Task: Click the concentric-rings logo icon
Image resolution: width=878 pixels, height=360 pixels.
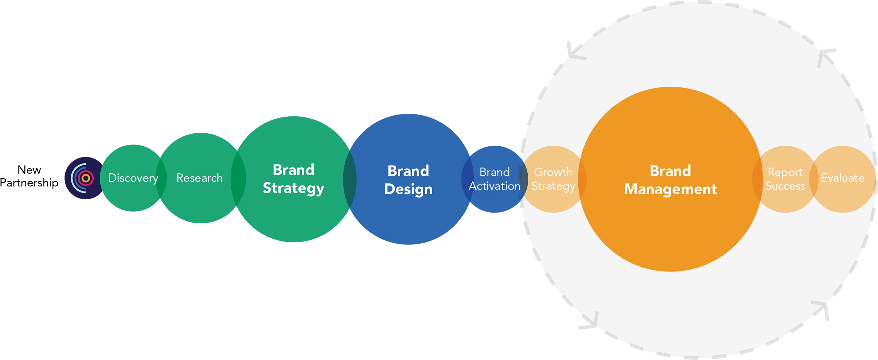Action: [x=83, y=178]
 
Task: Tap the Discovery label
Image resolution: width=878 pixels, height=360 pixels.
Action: [x=133, y=178]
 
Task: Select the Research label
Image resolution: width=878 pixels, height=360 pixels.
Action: [x=199, y=178]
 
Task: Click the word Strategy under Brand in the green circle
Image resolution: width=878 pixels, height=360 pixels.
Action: [x=293, y=189]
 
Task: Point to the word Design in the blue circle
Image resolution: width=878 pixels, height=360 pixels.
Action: [x=408, y=189]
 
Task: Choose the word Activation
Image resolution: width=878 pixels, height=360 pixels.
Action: [x=494, y=186]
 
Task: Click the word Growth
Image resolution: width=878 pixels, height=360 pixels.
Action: [x=553, y=172]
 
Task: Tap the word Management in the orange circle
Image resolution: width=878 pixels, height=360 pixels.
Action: [x=670, y=189]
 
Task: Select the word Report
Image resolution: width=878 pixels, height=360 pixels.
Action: [x=785, y=172]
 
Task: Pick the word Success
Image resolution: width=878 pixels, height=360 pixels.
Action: [x=785, y=186]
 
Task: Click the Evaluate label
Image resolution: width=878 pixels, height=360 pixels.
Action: [x=842, y=178]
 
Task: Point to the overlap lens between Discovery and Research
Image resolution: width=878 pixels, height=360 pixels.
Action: [x=161, y=178]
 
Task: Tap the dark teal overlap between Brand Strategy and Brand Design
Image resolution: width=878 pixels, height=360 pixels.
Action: [x=350, y=179]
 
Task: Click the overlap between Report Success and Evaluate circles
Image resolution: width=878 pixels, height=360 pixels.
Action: [x=814, y=179]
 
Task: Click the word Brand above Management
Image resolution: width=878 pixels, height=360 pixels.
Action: [x=670, y=171]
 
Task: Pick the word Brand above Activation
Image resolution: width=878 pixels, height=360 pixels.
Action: [x=494, y=172]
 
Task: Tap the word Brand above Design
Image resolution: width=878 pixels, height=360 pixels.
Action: [x=408, y=171]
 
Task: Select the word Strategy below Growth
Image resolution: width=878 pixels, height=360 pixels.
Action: [x=553, y=186]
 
